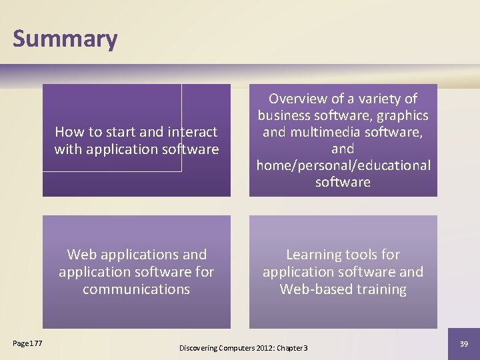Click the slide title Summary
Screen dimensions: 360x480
pyautogui.click(x=65, y=39)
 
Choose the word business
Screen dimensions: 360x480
pyautogui.click(x=286, y=115)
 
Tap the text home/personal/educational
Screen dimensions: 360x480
pyautogui.click(x=343, y=165)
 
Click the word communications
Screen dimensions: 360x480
pyautogui.click(x=137, y=289)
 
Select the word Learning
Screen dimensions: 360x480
pyautogui.click(x=313, y=255)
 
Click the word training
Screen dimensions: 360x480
pyautogui.click(x=381, y=289)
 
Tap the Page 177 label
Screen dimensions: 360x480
pyautogui.click(x=27, y=343)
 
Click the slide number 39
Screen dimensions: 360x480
pyautogui.click(x=463, y=343)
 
